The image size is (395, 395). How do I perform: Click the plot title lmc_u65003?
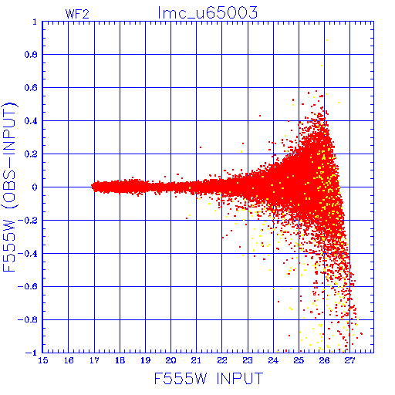(x=208, y=12)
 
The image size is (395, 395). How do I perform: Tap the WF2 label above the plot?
(x=77, y=14)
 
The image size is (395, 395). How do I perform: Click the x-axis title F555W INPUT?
(x=208, y=378)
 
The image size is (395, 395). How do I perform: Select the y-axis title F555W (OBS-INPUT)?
(x=9, y=187)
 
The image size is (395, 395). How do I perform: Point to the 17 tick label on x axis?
(x=94, y=360)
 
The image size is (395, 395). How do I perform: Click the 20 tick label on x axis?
(x=170, y=360)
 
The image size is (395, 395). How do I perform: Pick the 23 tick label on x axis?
(x=248, y=360)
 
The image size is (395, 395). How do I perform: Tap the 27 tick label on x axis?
(x=349, y=360)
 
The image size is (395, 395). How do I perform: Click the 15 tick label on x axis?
(x=43, y=360)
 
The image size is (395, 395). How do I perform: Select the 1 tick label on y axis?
(x=35, y=22)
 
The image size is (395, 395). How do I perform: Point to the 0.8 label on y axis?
(x=31, y=55)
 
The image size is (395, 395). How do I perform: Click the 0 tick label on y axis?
(x=35, y=187)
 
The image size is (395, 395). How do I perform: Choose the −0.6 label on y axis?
(x=28, y=286)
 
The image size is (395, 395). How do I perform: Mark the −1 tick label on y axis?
(x=32, y=353)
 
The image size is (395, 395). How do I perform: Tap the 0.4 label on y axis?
(x=31, y=121)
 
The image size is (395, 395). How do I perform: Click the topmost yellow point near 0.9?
(x=327, y=40)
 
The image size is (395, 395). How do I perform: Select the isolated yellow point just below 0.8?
(x=322, y=66)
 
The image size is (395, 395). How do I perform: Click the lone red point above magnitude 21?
(x=201, y=147)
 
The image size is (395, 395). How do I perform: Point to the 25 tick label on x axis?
(x=299, y=360)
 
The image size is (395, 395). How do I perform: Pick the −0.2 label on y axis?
(x=28, y=220)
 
